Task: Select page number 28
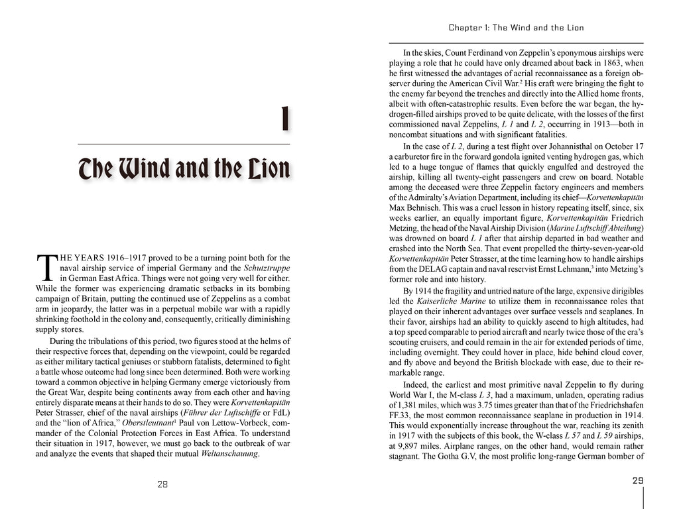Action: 162,484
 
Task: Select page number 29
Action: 638,481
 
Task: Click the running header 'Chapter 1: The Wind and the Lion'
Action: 516,28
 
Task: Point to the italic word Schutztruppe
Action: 267,268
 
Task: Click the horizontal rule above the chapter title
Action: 184,144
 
